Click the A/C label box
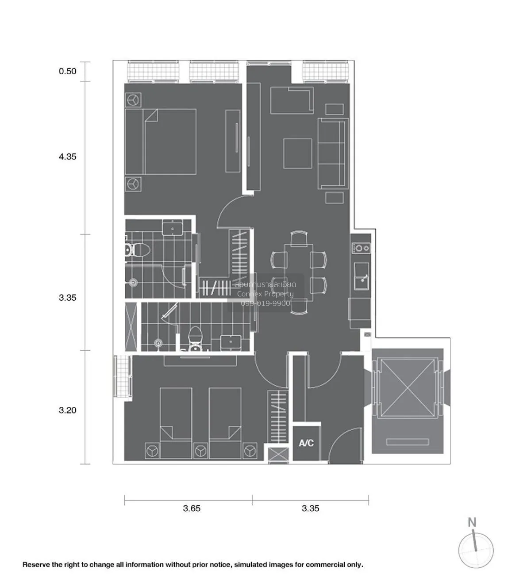pyautogui.click(x=306, y=443)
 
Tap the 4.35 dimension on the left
pyautogui.click(x=67, y=157)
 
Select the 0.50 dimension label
pyautogui.click(x=67, y=71)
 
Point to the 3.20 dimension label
pyautogui.click(x=67, y=410)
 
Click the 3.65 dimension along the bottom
pyautogui.click(x=192, y=508)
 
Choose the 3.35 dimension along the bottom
pyautogui.click(x=310, y=508)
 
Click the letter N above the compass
pyautogui.click(x=472, y=522)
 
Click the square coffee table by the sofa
pyautogui.click(x=297, y=153)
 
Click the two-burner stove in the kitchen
pyautogui.click(x=361, y=248)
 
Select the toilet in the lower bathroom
pyautogui.click(x=195, y=340)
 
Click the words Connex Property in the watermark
pyautogui.click(x=265, y=294)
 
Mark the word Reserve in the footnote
pyautogui.click(x=36, y=565)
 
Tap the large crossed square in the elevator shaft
pyautogui.click(x=407, y=388)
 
